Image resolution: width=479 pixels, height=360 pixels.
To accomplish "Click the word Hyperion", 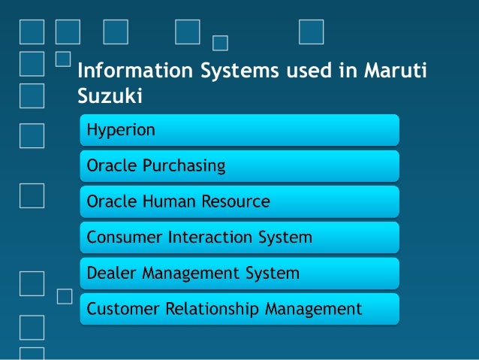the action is (x=121, y=130).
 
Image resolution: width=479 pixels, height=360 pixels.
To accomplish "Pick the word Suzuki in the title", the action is (x=110, y=96).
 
